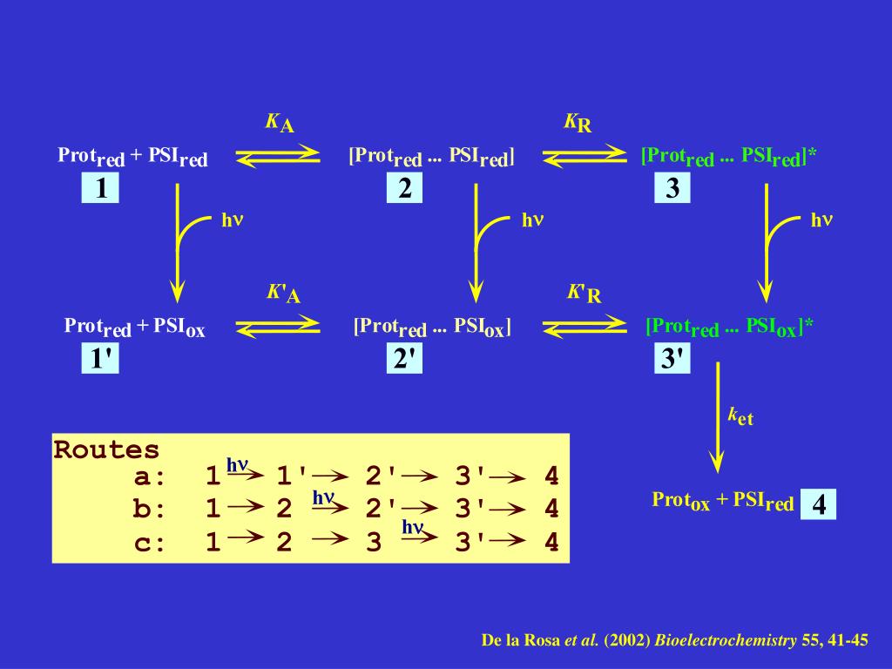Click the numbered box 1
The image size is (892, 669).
pos(100,188)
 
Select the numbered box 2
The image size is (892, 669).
pos(405,188)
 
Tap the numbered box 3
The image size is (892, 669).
pos(672,188)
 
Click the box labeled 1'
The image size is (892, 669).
pos(100,359)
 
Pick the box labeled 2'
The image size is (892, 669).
pos(405,359)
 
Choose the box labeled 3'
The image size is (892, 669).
pos(672,359)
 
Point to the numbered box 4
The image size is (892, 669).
pos(819,504)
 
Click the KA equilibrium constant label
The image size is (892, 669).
pos(280,123)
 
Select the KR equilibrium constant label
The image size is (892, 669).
pos(578,123)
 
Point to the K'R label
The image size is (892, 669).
pos(584,294)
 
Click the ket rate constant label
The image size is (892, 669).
pos(740,416)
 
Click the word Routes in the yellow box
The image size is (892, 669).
pos(107,450)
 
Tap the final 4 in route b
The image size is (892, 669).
pos(551,510)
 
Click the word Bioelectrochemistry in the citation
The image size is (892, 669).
pos(726,641)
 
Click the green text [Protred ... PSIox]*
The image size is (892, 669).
pos(729,328)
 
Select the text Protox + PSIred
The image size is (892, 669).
pos(722,501)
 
